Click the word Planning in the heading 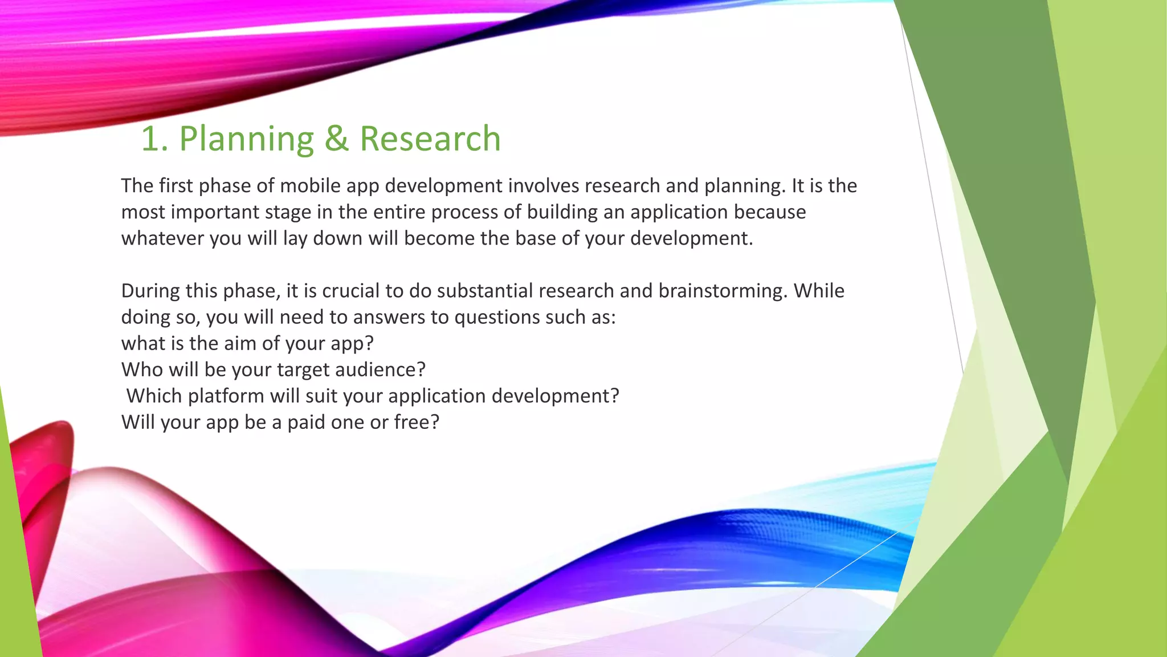(246, 139)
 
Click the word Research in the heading (430, 139)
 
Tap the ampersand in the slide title (336, 139)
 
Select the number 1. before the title (154, 139)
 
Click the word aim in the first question (240, 343)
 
